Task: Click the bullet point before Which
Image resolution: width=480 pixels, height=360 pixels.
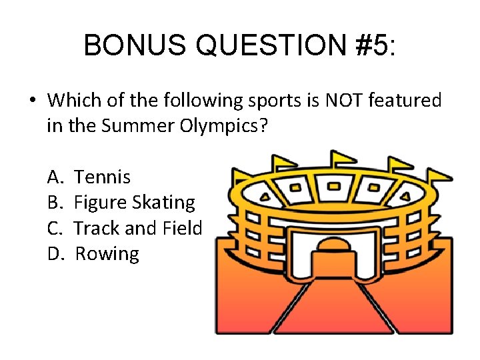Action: (31, 101)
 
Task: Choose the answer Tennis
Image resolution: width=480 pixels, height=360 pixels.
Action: (102, 177)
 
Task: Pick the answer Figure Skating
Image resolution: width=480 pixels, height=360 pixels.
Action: (134, 203)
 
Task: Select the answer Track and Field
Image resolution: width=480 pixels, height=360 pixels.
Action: (137, 228)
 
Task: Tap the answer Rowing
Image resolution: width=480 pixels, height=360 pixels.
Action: (107, 254)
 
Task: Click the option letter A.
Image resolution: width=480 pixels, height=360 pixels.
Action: (55, 177)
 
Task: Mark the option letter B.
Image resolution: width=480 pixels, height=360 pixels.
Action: (55, 203)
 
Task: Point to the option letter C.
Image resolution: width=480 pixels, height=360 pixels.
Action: (55, 228)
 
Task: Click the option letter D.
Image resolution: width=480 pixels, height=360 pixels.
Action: (55, 254)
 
